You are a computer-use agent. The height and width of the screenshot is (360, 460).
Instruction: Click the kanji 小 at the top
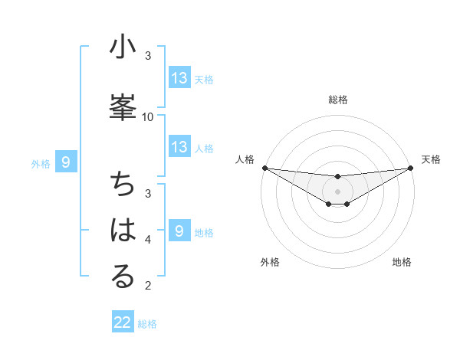point(123,48)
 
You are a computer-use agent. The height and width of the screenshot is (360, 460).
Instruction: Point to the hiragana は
point(123,231)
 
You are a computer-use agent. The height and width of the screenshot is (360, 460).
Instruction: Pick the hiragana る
point(123,277)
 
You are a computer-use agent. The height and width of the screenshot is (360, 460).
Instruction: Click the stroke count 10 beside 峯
point(148,116)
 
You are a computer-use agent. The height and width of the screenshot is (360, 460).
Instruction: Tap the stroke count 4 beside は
point(148,240)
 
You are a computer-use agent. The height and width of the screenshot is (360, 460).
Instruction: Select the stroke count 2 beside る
point(148,286)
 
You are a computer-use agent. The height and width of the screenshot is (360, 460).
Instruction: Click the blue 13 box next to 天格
point(179,78)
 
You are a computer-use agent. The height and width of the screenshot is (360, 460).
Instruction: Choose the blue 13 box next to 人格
point(179,147)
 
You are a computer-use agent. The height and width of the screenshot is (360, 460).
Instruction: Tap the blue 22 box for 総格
point(123,322)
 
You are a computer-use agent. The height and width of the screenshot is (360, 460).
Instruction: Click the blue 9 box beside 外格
point(66,162)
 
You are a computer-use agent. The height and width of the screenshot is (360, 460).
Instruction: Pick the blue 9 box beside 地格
point(179,231)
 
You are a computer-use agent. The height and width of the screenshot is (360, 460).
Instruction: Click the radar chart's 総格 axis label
point(338,100)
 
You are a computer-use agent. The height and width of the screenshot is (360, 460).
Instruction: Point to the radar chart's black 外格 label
point(270,262)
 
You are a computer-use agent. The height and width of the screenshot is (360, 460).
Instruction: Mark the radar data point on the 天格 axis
point(411,168)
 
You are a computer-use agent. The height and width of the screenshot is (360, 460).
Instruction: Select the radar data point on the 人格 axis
point(264,168)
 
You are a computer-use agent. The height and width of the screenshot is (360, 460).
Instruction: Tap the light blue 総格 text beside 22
point(147,324)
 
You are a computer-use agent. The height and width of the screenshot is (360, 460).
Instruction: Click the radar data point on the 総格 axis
point(338,177)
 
